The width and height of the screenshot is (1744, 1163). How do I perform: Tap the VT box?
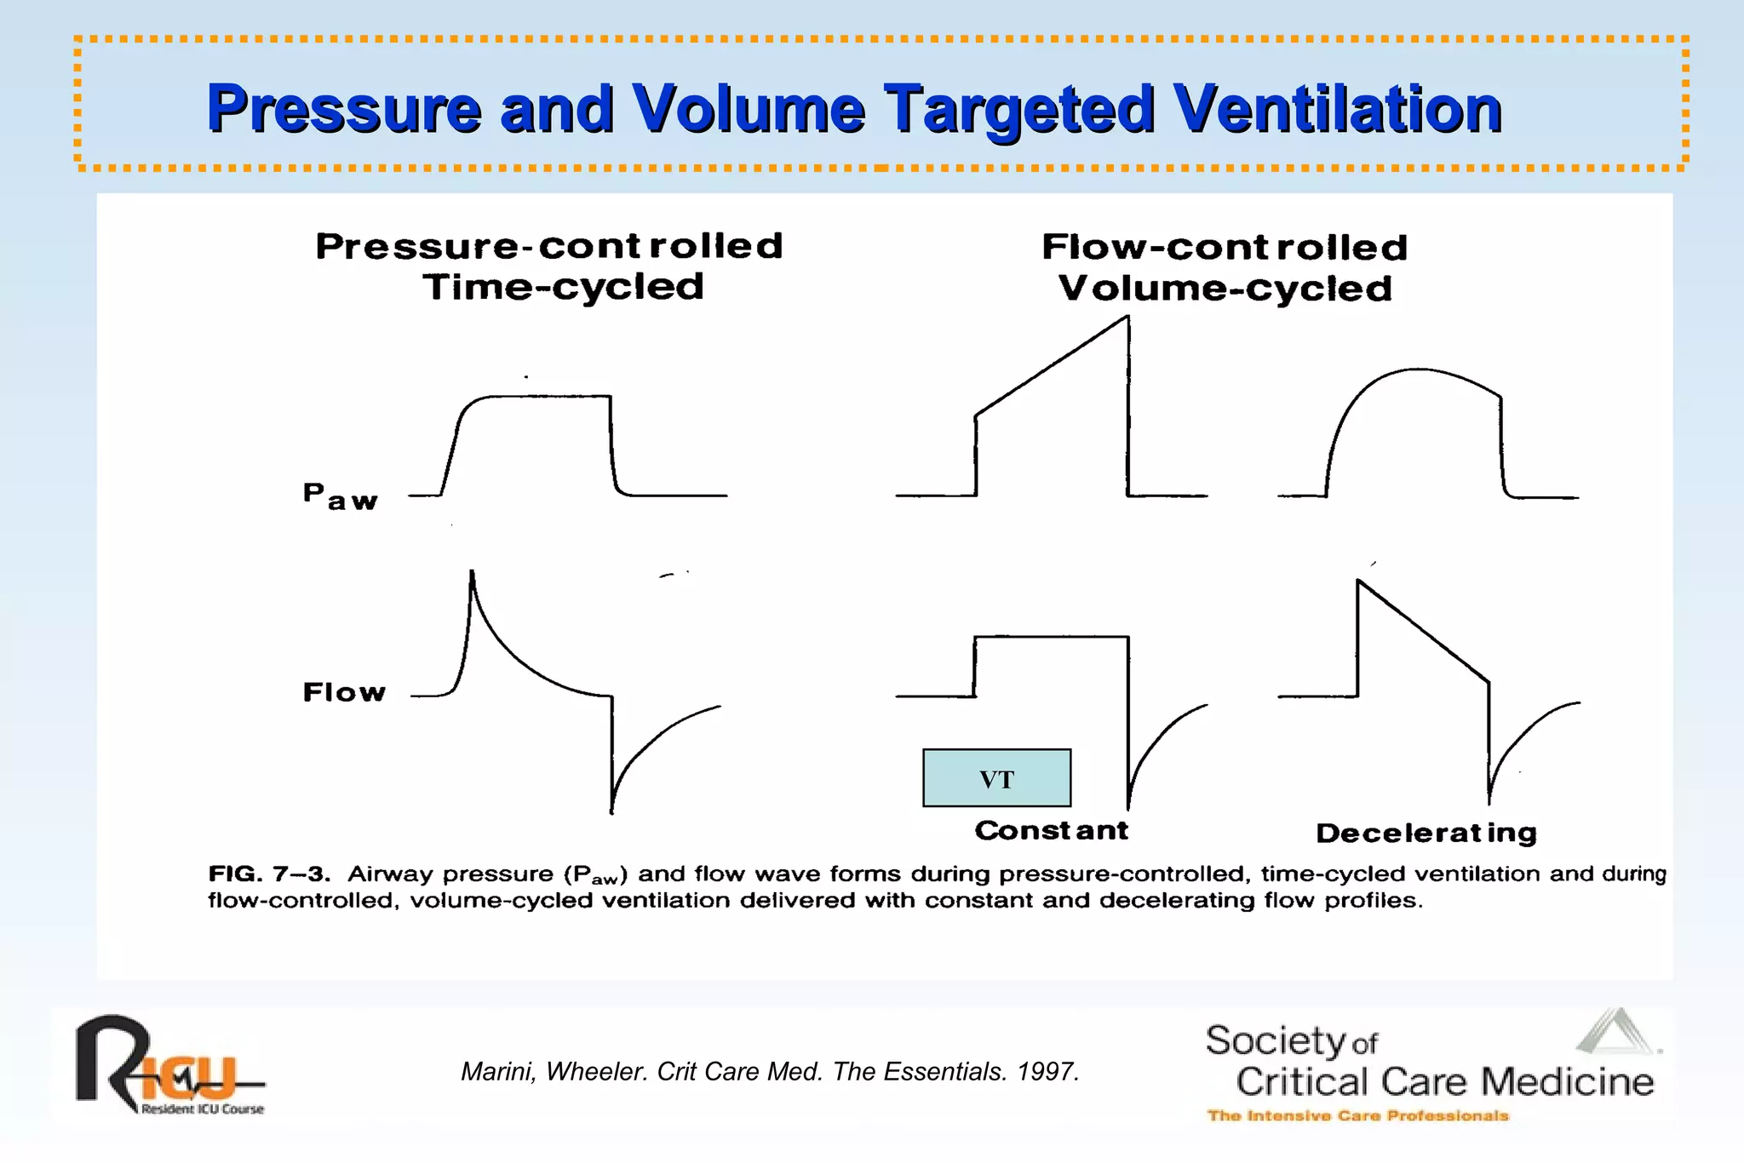[x=996, y=778]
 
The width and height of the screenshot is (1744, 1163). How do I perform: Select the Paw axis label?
[x=340, y=496]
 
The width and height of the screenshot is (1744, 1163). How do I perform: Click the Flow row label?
[x=344, y=692]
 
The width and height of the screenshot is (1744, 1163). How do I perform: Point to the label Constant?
[x=1051, y=830]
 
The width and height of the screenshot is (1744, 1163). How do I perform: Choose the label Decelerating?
[x=1426, y=833]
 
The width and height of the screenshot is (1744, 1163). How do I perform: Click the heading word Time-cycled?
[x=564, y=287]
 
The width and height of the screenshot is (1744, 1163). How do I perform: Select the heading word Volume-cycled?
[x=1225, y=289]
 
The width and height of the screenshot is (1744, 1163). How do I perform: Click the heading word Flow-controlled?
[x=1225, y=248]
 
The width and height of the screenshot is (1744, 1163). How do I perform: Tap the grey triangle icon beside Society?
[x=1615, y=1032]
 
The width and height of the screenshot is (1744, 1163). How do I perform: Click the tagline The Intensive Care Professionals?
[x=1357, y=1115]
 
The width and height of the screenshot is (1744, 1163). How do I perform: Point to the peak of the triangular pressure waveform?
[x=1127, y=318]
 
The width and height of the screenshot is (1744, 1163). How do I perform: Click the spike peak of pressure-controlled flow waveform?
[x=472, y=573]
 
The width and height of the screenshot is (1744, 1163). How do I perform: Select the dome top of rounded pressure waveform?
[x=1418, y=370]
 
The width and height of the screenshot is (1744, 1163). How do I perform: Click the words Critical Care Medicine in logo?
[x=1444, y=1082]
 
